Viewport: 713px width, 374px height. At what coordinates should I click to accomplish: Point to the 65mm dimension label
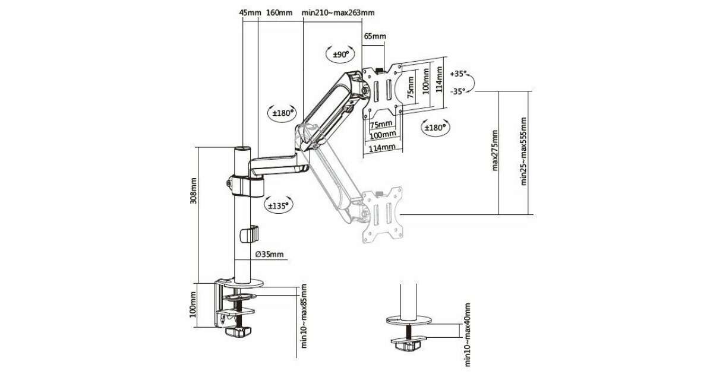pos(375,37)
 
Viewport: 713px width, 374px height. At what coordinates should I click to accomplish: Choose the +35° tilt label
pos(459,74)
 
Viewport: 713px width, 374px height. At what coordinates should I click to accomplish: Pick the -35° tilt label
pos(458,91)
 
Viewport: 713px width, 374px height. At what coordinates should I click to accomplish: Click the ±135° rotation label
pos(277,205)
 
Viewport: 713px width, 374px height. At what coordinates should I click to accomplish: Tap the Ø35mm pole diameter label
pos(269,255)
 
